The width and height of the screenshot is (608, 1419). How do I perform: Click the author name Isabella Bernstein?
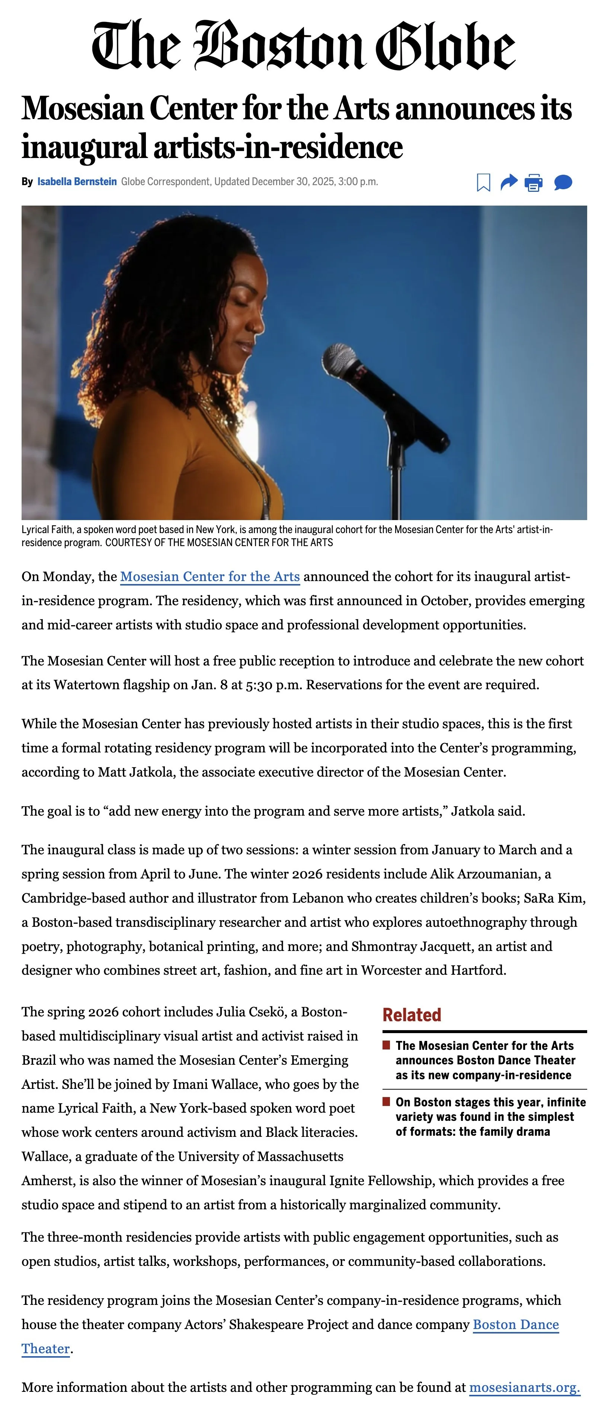[77, 182]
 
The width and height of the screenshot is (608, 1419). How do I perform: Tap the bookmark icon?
[483, 182]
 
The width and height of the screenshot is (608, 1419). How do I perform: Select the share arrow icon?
[508, 182]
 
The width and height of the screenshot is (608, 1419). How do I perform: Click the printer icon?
[533, 182]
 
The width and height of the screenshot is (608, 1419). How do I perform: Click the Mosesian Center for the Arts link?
[209, 577]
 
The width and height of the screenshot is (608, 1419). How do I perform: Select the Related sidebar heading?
[412, 1015]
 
